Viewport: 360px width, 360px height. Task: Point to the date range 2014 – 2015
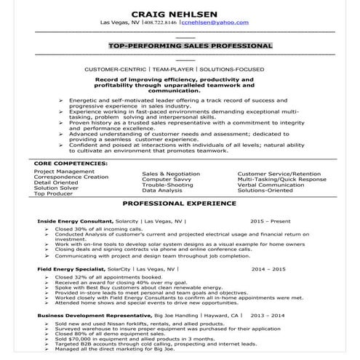point(269,268)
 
